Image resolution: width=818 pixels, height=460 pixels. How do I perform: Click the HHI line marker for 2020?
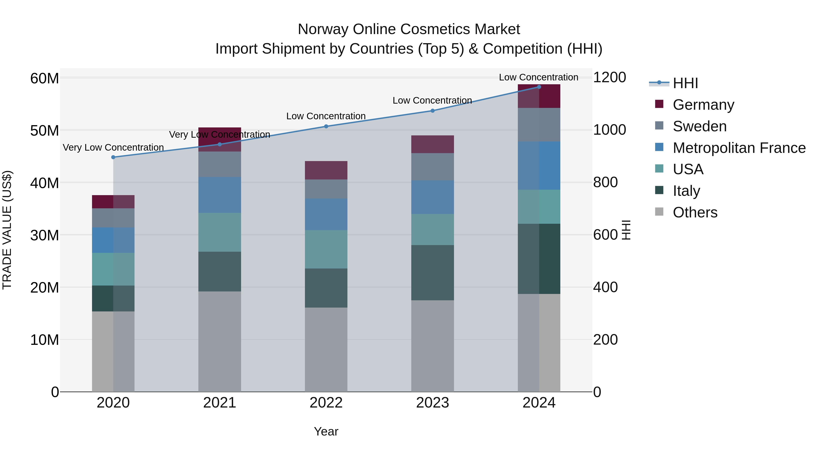coord(113,157)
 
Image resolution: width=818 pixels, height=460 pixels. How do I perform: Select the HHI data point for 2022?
coord(326,126)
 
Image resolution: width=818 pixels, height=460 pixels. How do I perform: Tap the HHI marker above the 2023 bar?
coord(432,111)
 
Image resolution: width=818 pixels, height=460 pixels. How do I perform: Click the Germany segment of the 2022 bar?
coord(326,170)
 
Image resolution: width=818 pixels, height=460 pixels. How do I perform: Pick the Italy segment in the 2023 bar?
coord(432,272)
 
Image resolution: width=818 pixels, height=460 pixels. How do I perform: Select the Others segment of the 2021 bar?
coord(219,341)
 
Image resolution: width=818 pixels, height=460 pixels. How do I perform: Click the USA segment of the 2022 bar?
coord(326,249)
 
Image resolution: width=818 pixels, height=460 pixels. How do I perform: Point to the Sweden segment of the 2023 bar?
coord(432,167)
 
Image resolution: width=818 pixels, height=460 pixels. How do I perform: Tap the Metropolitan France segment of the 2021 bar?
coord(219,195)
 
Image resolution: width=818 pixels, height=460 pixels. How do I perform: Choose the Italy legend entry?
coord(686,191)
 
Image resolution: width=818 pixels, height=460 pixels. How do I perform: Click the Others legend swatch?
coord(659,212)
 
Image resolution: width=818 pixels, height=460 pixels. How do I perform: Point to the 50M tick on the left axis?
coord(45,130)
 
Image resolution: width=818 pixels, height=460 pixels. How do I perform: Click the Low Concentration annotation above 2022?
coord(326,116)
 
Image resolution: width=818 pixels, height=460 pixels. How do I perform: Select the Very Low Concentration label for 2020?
coord(113,148)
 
